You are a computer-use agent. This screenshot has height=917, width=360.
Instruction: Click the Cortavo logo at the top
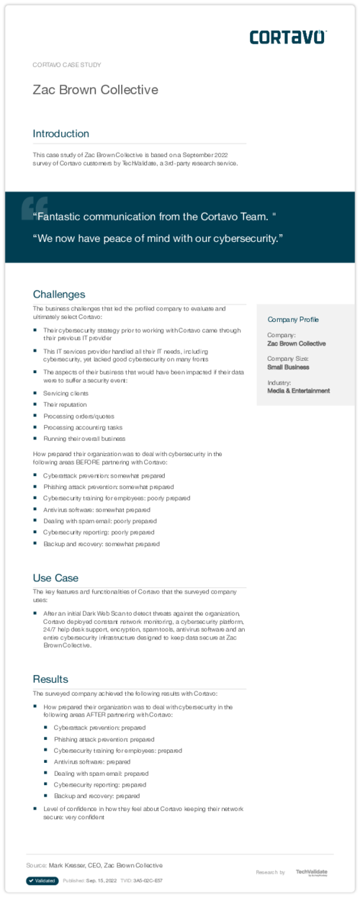288,37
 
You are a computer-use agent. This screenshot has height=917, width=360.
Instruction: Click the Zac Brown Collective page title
95,90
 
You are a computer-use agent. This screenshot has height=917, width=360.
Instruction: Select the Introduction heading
61,133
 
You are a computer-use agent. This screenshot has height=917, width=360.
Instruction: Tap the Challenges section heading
59,294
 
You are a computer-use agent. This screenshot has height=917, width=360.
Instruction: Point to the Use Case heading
55,578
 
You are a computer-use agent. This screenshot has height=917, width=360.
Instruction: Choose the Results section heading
50,679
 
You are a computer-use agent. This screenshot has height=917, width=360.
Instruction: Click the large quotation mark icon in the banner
34,207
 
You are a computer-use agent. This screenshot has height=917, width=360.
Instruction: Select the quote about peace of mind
158,238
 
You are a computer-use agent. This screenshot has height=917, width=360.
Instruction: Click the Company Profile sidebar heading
293,319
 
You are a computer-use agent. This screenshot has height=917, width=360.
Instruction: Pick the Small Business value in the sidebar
288,367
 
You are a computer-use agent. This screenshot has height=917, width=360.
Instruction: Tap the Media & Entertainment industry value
298,390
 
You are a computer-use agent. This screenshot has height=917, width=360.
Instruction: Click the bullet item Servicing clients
66,393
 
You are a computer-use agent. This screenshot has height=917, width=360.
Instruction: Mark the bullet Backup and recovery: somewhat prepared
101,544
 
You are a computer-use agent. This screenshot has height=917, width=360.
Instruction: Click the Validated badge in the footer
42,880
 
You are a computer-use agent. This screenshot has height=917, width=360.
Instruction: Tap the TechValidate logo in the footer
311,872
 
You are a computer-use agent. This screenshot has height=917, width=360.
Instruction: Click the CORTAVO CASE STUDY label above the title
67,65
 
